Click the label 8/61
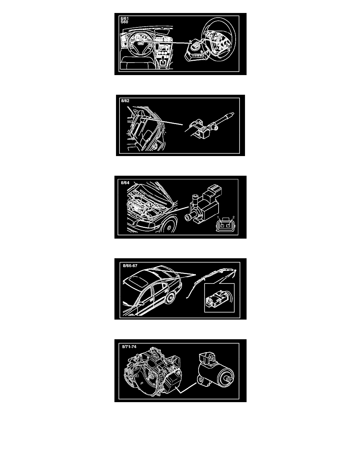coord(125,18)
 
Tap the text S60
coord(125,22)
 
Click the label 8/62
coord(125,101)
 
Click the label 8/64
coord(125,182)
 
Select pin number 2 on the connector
coord(234,217)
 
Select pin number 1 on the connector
coord(218,218)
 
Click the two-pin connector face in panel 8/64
coord(225,226)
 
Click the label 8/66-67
coord(130,266)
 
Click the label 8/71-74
coord(129,347)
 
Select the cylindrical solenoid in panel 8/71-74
coord(216,371)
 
